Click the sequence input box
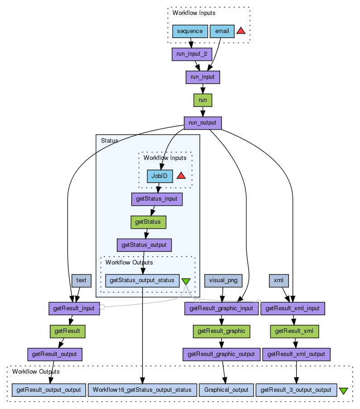(190, 31)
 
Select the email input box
(222, 31)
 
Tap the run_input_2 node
(192, 54)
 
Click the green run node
(203, 100)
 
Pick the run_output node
(203, 123)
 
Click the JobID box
(160, 176)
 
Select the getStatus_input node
(157, 199)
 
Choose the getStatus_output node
(144, 245)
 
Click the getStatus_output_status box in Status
(142, 280)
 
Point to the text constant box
(82, 280)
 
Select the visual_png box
(223, 280)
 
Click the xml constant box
(279, 280)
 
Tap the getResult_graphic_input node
(221, 308)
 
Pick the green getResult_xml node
(294, 331)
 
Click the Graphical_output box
(226, 390)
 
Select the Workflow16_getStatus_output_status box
(142, 390)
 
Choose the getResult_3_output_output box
(297, 390)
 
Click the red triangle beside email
(241, 31)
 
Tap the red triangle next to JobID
(181, 176)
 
